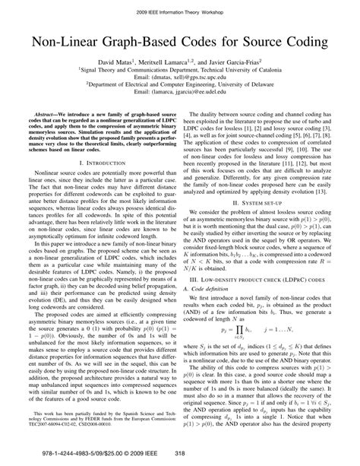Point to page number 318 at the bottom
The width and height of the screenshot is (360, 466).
tap(180, 455)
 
